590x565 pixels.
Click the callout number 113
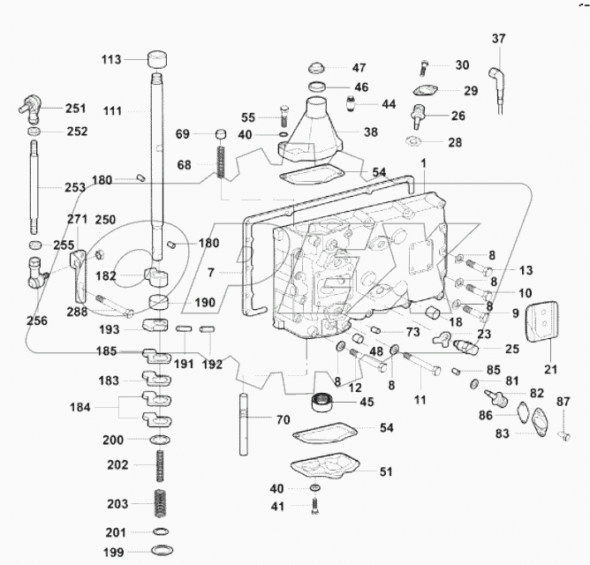pyautogui.click(x=110, y=60)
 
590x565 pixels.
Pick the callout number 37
pyautogui.click(x=499, y=38)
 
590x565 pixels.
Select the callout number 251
pyautogui.click(x=76, y=109)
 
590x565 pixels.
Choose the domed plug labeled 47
pyautogui.click(x=317, y=68)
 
